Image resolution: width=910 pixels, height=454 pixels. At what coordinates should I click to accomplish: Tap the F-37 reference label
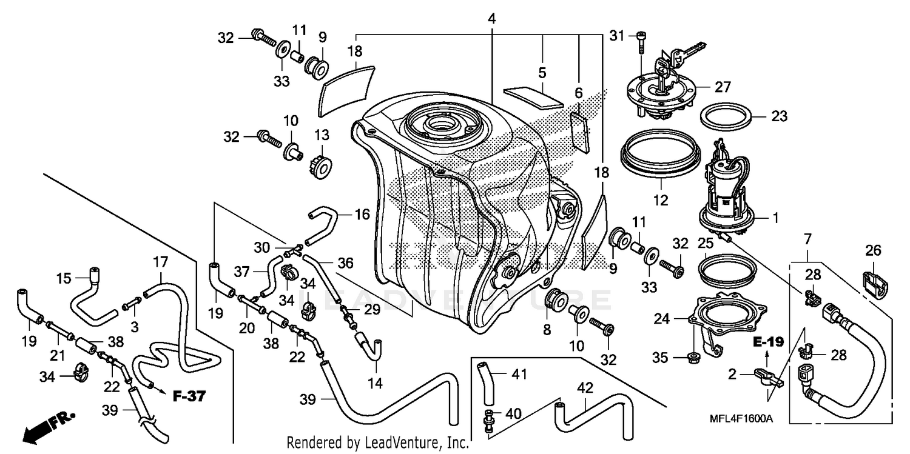[x=189, y=397]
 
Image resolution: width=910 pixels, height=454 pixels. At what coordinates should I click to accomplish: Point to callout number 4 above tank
[x=491, y=19]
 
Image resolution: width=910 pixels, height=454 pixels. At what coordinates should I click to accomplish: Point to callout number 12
[x=660, y=199]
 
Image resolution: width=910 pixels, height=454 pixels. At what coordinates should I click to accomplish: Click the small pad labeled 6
[x=581, y=131]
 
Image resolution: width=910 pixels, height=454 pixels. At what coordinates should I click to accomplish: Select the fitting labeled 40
[x=488, y=419]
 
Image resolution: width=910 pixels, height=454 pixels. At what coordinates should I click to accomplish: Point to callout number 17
[x=160, y=263]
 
